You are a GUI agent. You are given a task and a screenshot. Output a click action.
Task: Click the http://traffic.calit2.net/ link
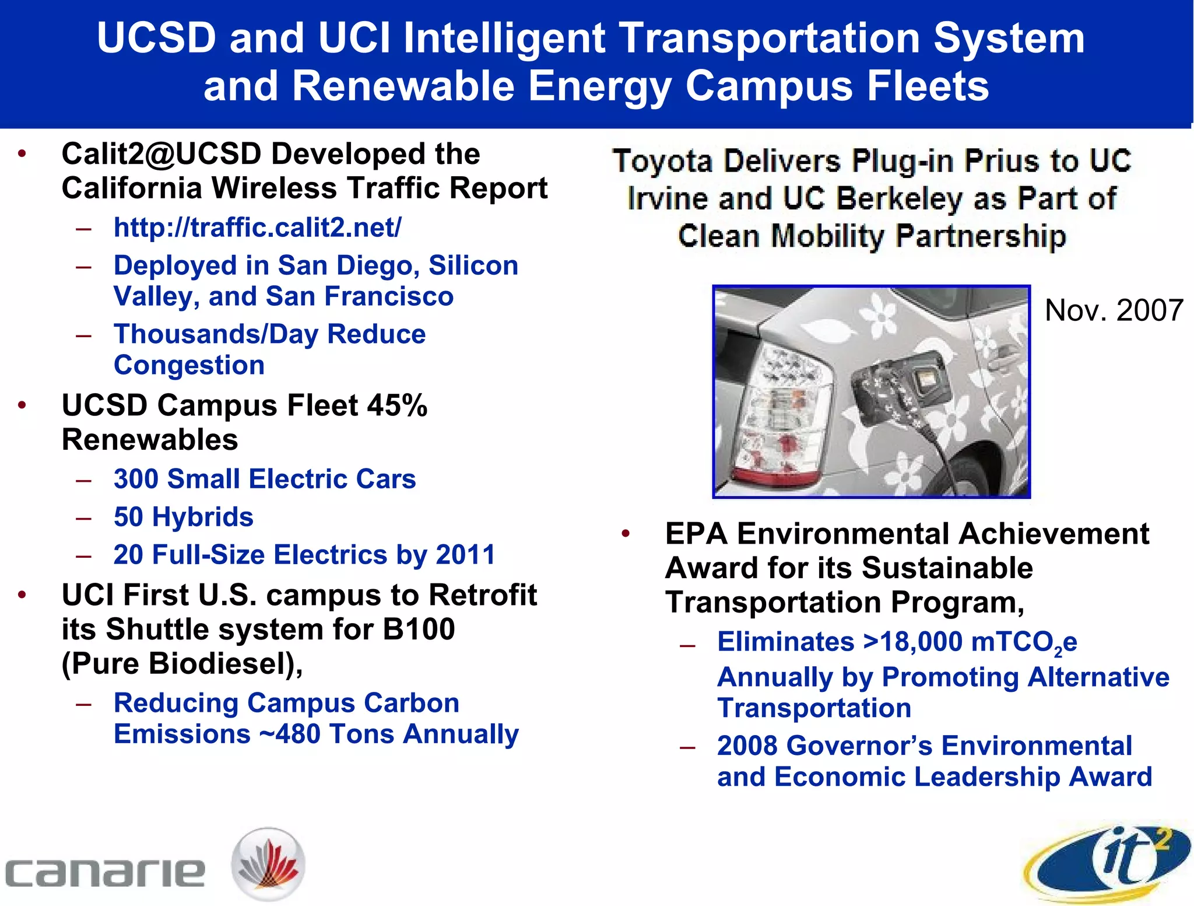point(257,228)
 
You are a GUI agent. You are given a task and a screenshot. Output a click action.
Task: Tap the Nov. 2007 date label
point(1114,310)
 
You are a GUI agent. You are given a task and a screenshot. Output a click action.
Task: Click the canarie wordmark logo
point(105,873)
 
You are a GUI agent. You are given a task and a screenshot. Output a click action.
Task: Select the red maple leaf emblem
point(268,864)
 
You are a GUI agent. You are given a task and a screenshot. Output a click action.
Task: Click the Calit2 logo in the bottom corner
point(1108,862)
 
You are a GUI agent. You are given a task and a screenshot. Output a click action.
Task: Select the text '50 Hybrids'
point(184,517)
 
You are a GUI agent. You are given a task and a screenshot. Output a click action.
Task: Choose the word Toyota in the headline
point(662,162)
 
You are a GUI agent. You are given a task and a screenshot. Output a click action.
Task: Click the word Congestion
point(189,366)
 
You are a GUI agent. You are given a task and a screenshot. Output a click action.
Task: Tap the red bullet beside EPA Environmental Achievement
point(626,534)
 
